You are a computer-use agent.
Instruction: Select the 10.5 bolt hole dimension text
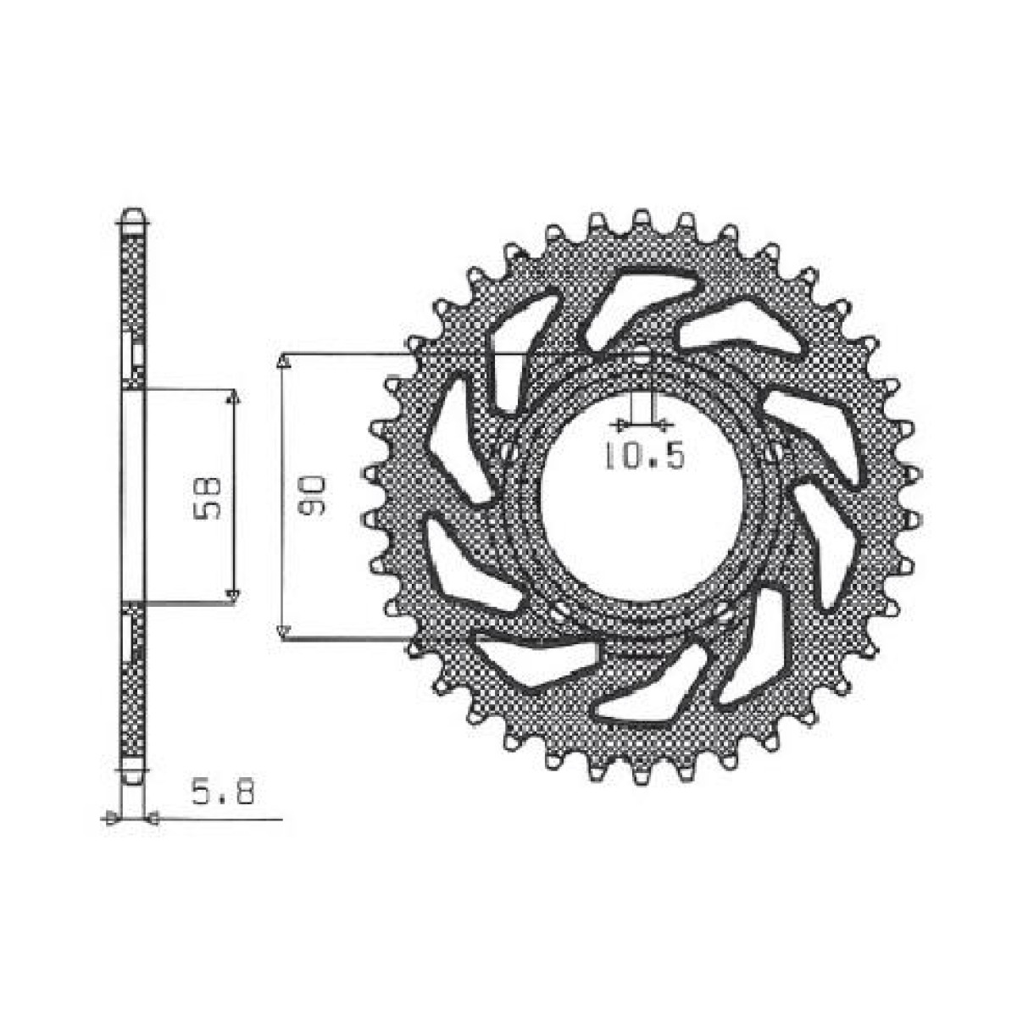643,457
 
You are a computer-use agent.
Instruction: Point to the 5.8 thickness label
224,794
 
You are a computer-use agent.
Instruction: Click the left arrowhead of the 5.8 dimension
109,818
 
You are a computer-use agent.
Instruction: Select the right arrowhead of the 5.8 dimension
153,818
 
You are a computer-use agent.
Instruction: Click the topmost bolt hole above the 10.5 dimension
642,356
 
